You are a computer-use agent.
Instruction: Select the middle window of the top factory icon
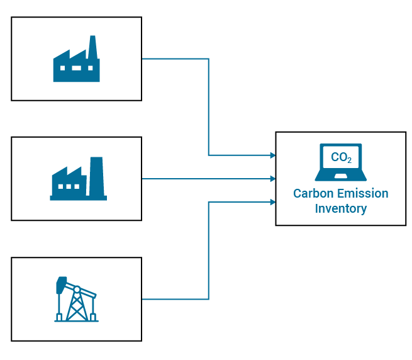76,68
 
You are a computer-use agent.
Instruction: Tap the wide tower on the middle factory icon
96,176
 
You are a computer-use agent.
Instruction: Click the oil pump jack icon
76,300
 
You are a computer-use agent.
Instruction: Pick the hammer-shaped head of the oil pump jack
61,284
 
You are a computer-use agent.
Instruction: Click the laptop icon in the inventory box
340,162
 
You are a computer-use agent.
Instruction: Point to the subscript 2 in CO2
349,160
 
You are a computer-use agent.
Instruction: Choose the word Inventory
340,208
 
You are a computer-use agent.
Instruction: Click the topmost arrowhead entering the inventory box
273,155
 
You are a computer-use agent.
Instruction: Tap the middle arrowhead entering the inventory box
273,179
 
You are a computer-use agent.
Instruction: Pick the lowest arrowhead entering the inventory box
273,202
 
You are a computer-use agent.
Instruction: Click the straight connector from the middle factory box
208,179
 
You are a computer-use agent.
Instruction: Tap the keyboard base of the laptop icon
340,177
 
